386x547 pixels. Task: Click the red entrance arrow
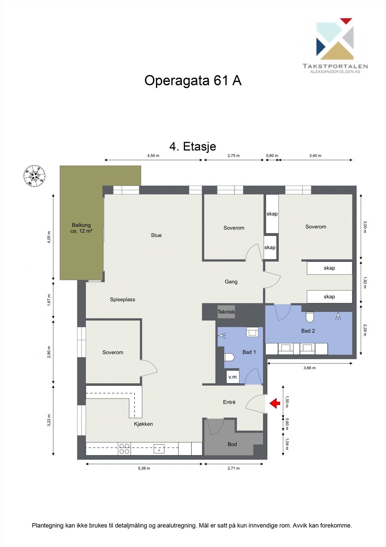pos(275,404)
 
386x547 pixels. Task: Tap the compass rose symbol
pos(34,176)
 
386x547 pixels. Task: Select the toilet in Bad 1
pos(229,357)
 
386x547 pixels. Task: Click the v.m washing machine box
pos(233,377)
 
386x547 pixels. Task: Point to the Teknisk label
pos(226,312)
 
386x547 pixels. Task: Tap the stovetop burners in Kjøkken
pos(125,449)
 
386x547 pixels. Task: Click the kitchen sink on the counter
pos(159,449)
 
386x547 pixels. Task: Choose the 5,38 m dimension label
pos(144,468)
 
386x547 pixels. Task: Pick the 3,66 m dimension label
pos(310,368)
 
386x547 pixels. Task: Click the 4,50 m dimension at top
pos(153,156)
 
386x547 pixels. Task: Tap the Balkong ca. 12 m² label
pos(81,228)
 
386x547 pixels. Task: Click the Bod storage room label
pos(232,444)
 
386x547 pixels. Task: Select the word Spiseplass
pos(123,299)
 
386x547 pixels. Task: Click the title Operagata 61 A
pos(193,81)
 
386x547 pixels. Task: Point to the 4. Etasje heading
pos(193,146)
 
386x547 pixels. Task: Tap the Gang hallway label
pos(231,282)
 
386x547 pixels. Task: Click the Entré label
pos(229,402)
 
